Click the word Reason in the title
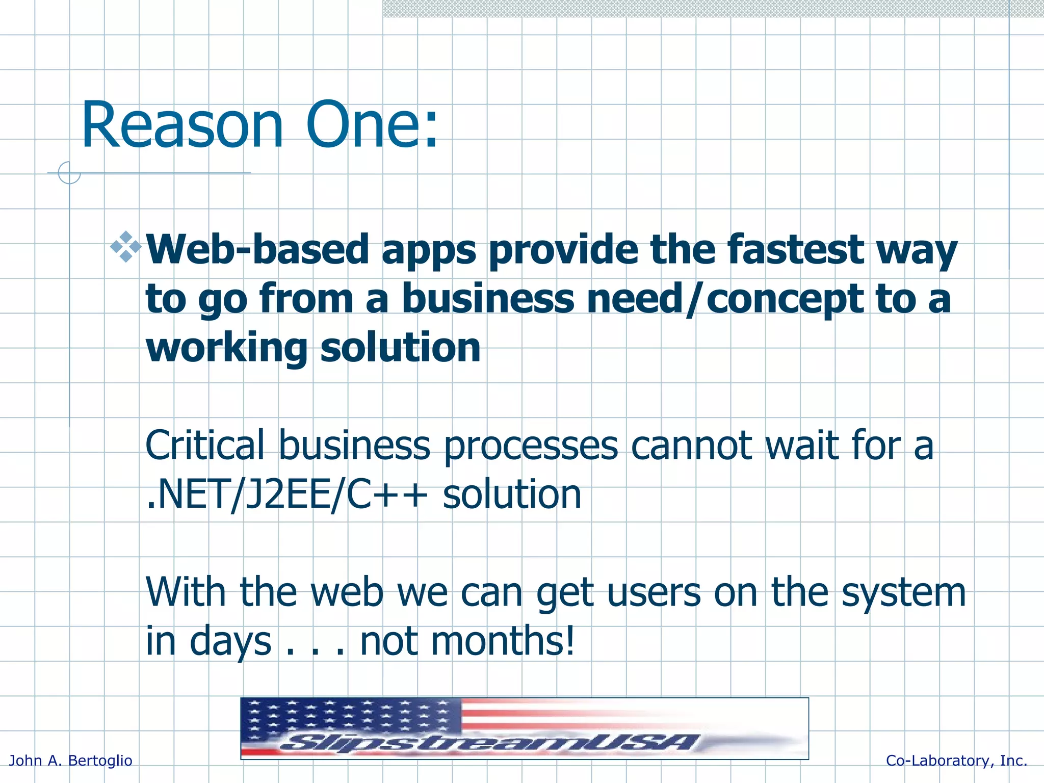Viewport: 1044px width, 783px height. (181, 125)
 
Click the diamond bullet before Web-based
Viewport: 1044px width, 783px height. (125, 247)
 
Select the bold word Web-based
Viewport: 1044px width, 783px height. (257, 250)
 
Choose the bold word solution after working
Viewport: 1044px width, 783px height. (400, 348)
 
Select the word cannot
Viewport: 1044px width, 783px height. (691, 446)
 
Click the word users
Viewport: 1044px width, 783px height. (654, 592)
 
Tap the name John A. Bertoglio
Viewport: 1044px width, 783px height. (71, 761)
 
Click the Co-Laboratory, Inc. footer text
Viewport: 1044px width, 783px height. (956, 761)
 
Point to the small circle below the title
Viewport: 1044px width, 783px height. (69, 173)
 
